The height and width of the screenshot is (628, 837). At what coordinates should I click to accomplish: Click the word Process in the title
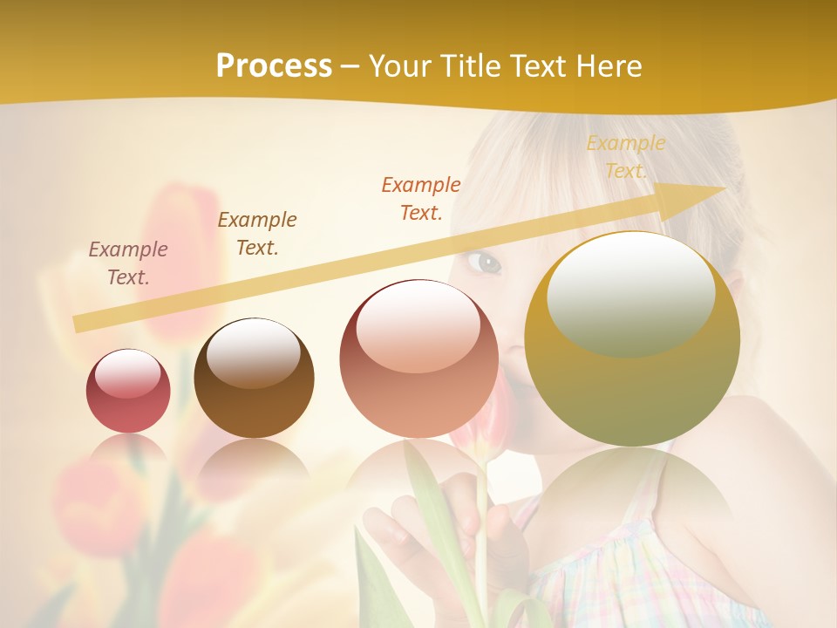[x=274, y=66]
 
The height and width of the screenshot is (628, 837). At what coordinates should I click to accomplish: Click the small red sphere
[x=128, y=392]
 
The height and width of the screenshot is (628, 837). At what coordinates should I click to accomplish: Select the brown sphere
[x=254, y=379]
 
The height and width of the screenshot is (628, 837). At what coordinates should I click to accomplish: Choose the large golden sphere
[x=632, y=339]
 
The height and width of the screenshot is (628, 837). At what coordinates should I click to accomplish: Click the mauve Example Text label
[x=128, y=263]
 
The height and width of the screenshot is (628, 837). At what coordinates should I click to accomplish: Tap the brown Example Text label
[x=257, y=234]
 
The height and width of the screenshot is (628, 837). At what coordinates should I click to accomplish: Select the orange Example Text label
[x=421, y=198]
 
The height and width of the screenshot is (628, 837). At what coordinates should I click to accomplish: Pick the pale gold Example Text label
[x=625, y=157]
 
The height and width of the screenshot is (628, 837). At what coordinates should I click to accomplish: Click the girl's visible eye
[x=488, y=263]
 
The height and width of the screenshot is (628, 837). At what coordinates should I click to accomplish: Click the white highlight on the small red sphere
[x=128, y=373]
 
